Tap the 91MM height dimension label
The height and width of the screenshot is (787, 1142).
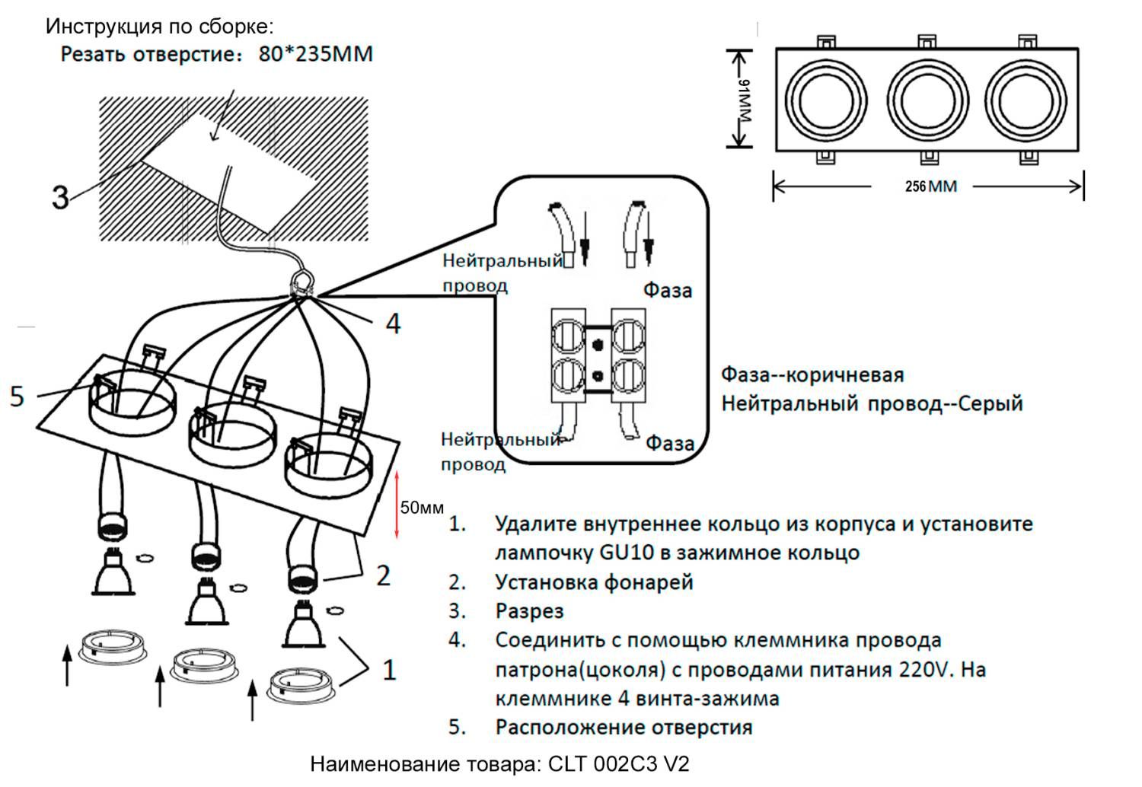coord(745,99)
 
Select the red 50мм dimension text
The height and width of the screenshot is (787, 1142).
coord(422,508)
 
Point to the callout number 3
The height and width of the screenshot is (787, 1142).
coord(60,198)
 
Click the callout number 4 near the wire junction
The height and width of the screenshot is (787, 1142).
coord(393,324)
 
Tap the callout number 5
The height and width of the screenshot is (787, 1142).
coord(17,397)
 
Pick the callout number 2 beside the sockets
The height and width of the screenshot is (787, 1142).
coord(384,575)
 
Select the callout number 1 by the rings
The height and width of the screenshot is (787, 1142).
coord(389,671)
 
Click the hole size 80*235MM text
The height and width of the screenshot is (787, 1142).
coord(315,55)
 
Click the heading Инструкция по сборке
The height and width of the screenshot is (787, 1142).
coord(159,26)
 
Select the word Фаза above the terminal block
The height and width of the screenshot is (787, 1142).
coord(668,290)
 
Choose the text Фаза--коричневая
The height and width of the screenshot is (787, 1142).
coord(812,375)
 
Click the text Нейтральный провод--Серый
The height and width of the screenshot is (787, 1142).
coord(872,403)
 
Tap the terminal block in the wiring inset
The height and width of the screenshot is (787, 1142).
coord(598,355)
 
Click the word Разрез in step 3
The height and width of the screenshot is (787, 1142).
coord(529,611)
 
